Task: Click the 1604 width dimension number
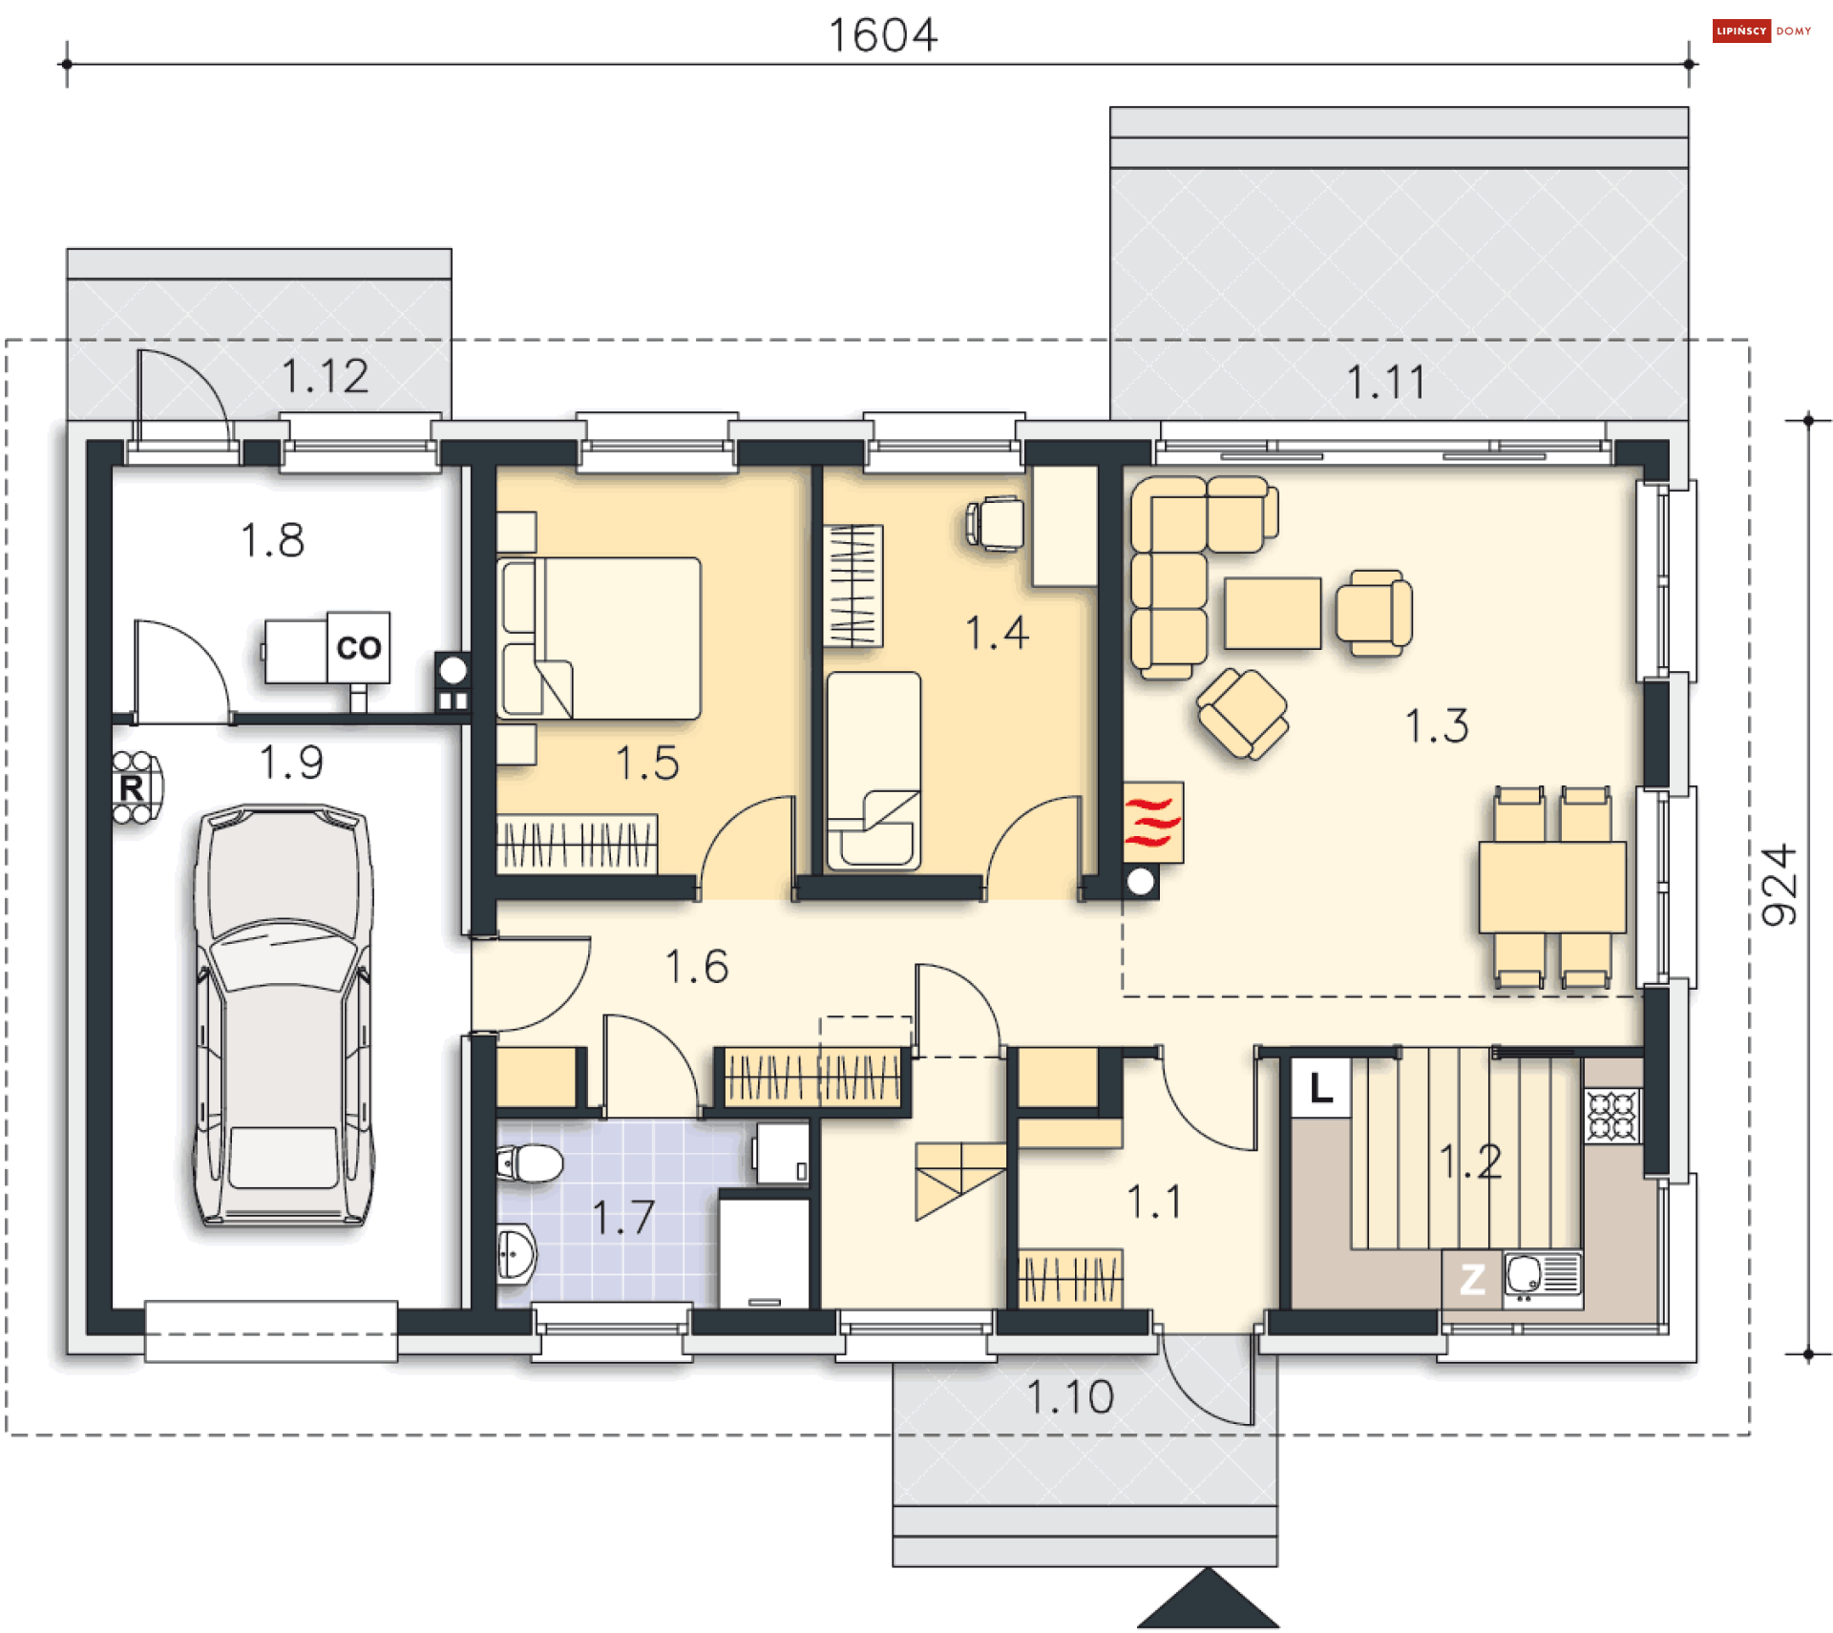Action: coord(882,35)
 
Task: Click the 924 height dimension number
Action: coord(1779,885)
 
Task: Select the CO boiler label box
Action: coord(358,647)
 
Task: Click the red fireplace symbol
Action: coord(1152,822)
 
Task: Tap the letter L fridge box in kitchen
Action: coord(1320,1087)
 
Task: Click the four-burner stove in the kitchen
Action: coord(1612,1116)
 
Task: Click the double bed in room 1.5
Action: coord(599,639)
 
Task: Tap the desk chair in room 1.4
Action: coord(995,523)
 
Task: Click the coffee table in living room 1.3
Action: coord(1273,613)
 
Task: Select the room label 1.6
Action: coord(697,967)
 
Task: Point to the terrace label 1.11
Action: coord(1387,383)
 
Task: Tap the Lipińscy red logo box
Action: coord(1741,31)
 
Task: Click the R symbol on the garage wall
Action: coord(132,788)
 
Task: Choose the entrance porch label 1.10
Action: coord(1070,1398)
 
